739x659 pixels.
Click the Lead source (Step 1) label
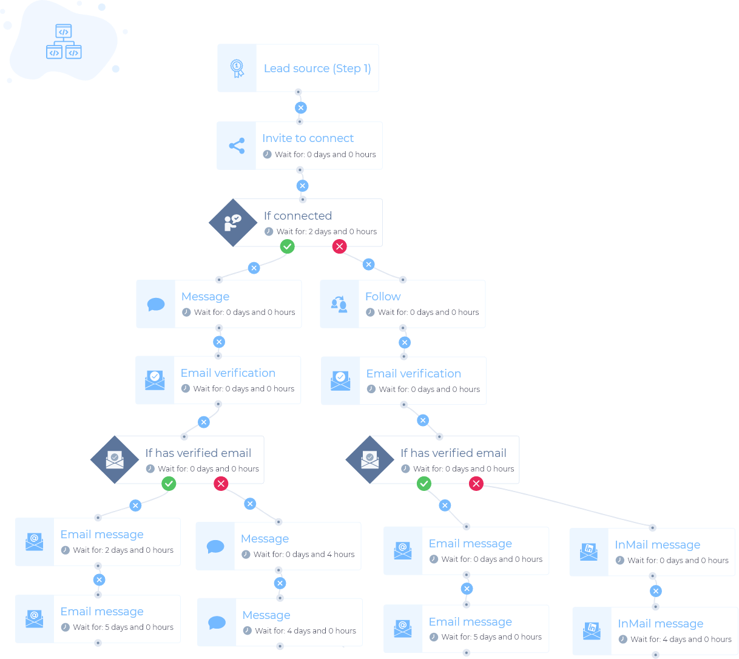coord(317,69)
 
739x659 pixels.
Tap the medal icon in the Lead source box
coord(237,69)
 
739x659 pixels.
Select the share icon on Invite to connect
coord(237,146)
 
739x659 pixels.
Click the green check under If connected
coord(287,246)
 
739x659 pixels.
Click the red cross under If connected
coord(339,246)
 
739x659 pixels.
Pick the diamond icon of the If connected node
coord(232,223)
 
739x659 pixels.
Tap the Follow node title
coord(383,297)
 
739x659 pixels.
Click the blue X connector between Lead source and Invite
coord(300,108)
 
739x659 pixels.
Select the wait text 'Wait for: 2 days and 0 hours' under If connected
coord(326,232)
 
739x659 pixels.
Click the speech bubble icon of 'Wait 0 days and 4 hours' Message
coord(215,547)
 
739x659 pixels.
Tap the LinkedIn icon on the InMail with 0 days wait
coord(589,552)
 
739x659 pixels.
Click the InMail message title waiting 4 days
coord(660,624)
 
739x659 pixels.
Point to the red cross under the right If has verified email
coord(476,484)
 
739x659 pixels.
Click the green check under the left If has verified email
coord(169,484)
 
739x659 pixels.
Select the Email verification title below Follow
coord(413,374)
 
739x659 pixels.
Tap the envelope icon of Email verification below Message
coord(155,380)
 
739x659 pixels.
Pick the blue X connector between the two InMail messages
coord(655,591)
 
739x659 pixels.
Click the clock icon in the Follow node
coord(370,313)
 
